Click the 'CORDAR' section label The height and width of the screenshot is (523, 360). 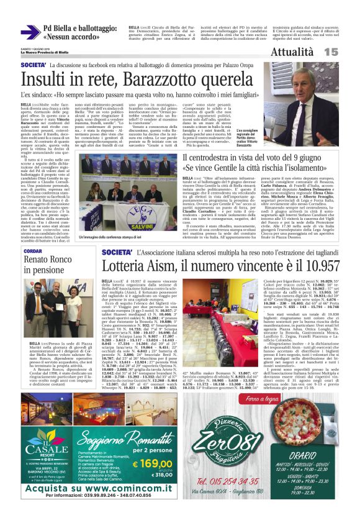33,252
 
